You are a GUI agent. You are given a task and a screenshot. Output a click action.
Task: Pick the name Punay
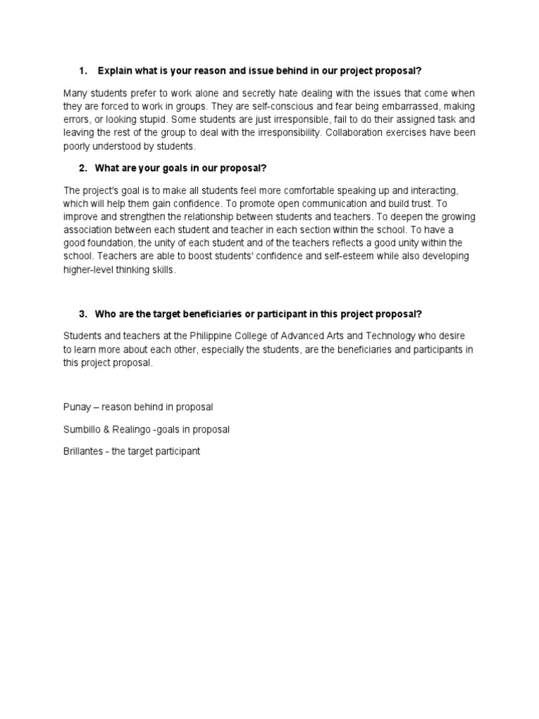pos(77,407)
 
